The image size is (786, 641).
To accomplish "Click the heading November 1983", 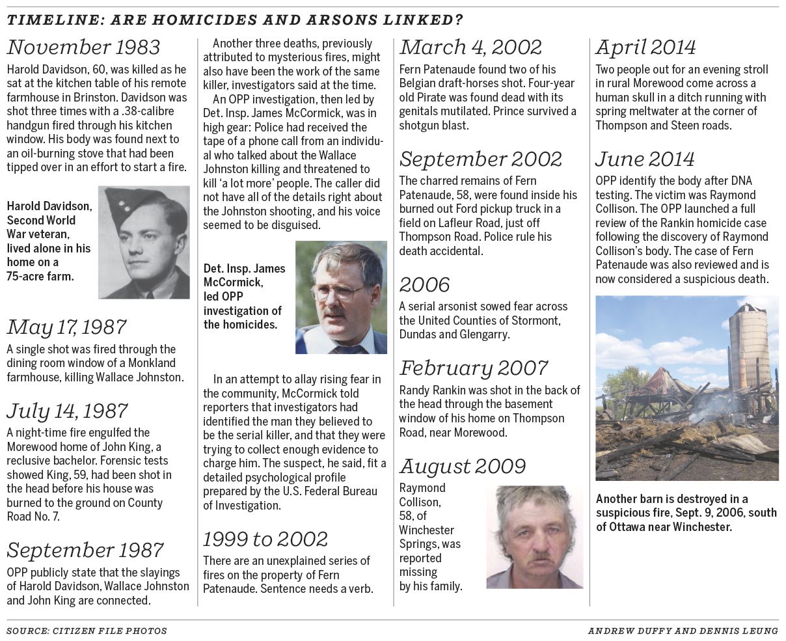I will [83, 48].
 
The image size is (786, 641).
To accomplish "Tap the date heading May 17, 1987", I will [66, 327].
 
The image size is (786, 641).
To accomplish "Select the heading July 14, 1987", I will [67, 411].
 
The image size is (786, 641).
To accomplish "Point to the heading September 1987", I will [85, 551].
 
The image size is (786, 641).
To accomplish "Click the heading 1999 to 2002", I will [265, 539].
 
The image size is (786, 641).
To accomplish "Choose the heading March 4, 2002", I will [470, 48].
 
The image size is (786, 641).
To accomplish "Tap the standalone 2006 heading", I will [425, 285].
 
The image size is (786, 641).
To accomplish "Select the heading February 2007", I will [474, 368].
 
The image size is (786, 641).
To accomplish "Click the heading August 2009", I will [463, 467].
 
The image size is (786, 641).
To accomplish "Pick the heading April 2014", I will [645, 48].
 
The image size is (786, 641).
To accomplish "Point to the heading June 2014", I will [645, 159].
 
